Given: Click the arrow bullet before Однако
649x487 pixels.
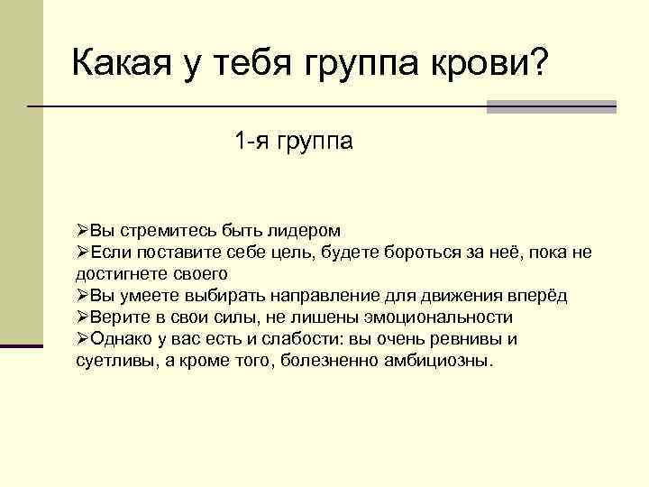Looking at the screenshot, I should [x=82, y=339].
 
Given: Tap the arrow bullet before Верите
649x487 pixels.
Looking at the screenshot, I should [x=82, y=317].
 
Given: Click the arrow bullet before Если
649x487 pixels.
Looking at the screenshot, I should [x=82, y=252].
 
